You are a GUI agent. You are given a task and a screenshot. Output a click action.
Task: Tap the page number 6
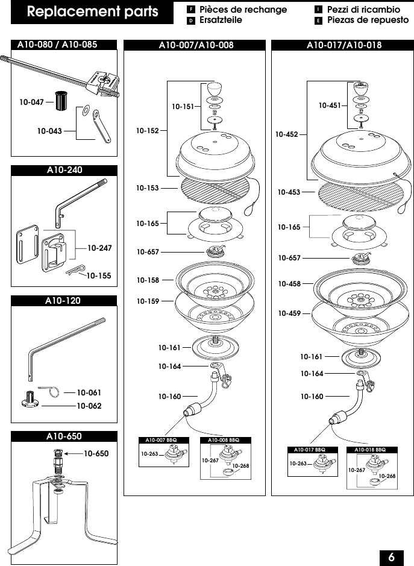[x=391, y=556]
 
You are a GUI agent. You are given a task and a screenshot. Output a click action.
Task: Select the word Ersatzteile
[x=221, y=20]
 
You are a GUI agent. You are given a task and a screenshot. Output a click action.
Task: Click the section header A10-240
[x=64, y=170]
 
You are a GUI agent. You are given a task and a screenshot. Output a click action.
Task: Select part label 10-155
[x=99, y=275]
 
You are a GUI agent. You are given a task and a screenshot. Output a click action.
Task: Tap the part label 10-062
[x=89, y=406]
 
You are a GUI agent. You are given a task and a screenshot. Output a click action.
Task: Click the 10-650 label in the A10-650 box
[x=96, y=453]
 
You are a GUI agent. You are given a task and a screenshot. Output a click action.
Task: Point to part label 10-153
[x=147, y=188]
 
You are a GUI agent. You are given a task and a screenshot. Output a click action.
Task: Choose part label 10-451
[x=330, y=105]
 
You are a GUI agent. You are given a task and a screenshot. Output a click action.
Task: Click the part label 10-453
[x=289, y=192]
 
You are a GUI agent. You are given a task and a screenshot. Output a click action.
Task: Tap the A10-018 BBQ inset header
[x=369, y=450]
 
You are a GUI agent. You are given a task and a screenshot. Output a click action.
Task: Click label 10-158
[x=147, y=280]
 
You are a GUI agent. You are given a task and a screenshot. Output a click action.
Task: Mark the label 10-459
[x=289, y=313]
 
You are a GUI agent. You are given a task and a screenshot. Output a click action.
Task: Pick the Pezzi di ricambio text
[x=363, y=10]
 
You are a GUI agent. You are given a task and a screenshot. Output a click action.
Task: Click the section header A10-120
[x=64, y=300]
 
